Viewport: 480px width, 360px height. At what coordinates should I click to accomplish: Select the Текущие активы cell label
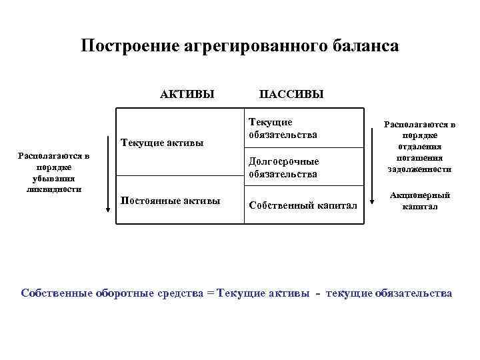(x=162, y=143)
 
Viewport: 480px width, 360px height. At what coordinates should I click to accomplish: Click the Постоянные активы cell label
(x=169, y=201)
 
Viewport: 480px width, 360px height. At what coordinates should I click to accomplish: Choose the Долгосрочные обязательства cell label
(x=283, y=167)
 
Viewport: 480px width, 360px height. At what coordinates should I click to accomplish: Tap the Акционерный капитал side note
(x=419, y=201)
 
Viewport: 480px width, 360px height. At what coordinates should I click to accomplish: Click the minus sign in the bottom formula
(x=317, y=293)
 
